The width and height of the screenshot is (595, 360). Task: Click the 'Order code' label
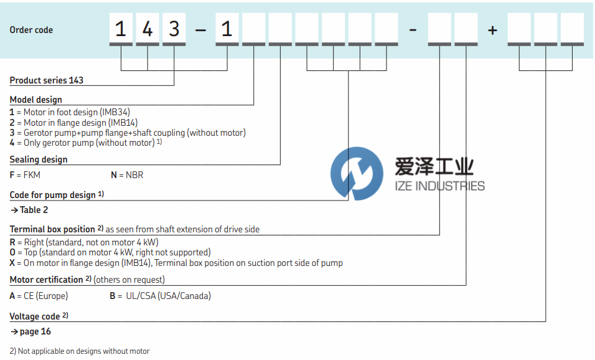pyautogui.click(x=31, y=30)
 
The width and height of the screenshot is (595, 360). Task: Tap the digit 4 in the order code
pyautogui.click(x=148, y=29)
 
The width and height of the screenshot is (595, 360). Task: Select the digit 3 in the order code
pyautogui.click(x=174, y=29)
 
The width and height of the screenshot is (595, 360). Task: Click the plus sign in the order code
pyautogui.click(x=493, y=30)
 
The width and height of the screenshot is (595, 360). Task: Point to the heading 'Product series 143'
pyautogui.click(x=47, y=80)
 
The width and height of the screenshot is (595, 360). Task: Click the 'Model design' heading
pyautogui.click(x=36, y=100)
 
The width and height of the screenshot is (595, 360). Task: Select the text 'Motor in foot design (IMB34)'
pyautogui.click(x=68, y=112)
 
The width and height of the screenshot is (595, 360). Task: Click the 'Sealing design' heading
pyautogui.click(x=39, y=159)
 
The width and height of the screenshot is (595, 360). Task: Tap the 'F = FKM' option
pyautogui.click(x=25, y=175)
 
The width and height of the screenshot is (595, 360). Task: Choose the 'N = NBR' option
pyautogui.click(x=127, y=175)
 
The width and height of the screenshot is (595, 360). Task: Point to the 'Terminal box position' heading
pyautogui.click(x=52, y=229)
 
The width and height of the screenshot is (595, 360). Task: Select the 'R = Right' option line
pyautogui.click(x=84, y=242)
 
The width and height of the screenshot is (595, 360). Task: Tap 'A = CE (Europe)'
pyautogui.click(x=39, y=296)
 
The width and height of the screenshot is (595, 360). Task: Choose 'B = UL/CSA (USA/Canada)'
pyautogui.click(x=160, y=296)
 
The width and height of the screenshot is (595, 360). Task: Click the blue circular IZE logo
pyautogui.click(x=357, y=174)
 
